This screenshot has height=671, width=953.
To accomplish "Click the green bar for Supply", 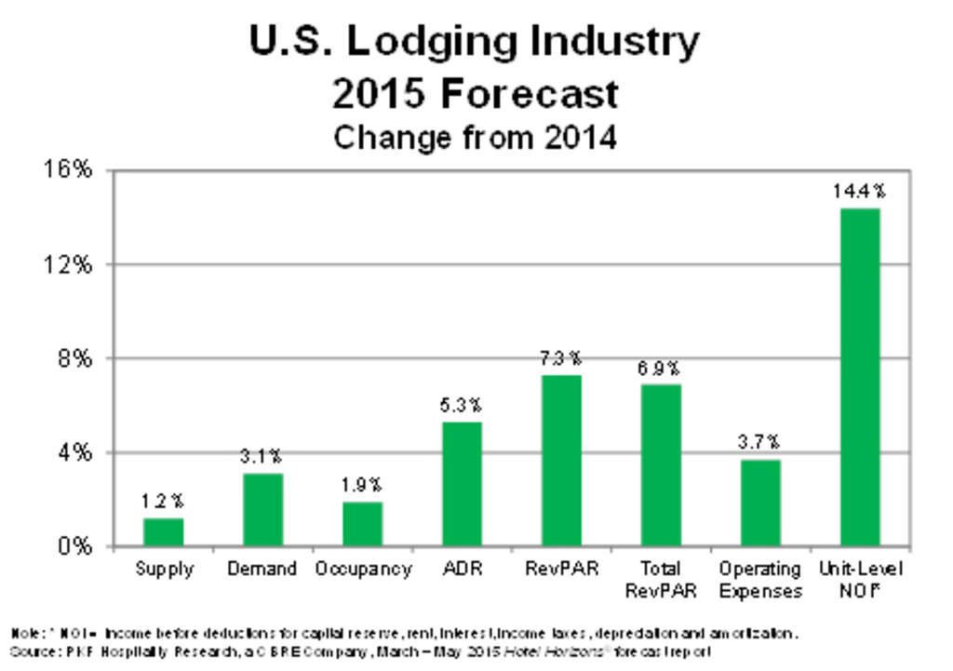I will pyautogui.click(x=164, y=531).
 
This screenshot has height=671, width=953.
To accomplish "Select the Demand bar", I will pyautogui.click(x=262, y=509).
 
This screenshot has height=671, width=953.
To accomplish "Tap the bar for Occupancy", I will pyautogui.click(x=362, y=523).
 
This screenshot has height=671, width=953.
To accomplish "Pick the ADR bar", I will pyautogui.click(x=462, y=483).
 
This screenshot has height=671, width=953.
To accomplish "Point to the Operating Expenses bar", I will pyautogui.click(x=759, y=503).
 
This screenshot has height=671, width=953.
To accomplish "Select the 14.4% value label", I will pyautogui.click(x=859, y=192).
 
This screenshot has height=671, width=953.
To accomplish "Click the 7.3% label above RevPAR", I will pyautogui.click(x=561, y=357).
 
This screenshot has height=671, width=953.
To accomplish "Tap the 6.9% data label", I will pyautogui.click(x=660, y=368).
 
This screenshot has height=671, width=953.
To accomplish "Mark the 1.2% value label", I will pyautogui.click(x=163, y=502).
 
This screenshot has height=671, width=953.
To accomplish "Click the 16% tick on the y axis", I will pyautogui.click(x=69, y=170).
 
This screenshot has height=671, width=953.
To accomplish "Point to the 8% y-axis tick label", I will pyautogui.click(x=74, y=358).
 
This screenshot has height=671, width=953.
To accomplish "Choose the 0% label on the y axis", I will pyautogui.click(x=74, y=546).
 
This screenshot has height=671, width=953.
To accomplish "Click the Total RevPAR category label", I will pyautogui.click(x=660, y=580).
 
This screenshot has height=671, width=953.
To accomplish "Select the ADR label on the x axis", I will pyautogui.click(x=462, y=569).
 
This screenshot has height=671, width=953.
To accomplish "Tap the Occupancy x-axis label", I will pyautogui.click(x=362, y=569).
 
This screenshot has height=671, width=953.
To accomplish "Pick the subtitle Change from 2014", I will pyautogui.click(x=475, y=138).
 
